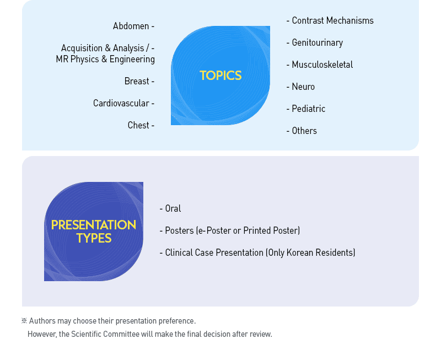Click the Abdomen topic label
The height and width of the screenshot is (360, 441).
pyautogui.click(x=131, y=26)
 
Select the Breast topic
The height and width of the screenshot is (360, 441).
pyautogui.click(x=137, y=81)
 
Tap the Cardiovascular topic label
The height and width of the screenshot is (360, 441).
pyautogui.click(x=121, y=103)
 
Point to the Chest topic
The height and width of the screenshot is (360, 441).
pyautogui.click(x=138, y=125)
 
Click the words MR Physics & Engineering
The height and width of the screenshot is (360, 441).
pyautogui.click(x=105, y=60)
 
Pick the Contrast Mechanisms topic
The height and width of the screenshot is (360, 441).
pyautogui.click(x=333, y=20)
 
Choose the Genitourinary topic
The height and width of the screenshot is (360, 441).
pyautogui.click(x=318, y=43)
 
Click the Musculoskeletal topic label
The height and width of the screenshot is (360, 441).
pyautogui.click(x=322, y=65)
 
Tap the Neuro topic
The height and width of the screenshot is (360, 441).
pyautogui.click(x=303, y=87)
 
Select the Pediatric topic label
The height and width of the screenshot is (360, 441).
pyautogui.click(x=309, y=109)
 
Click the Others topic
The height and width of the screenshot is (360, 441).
pyautogui.click(x=304, y=131)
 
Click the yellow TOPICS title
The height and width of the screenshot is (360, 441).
pyautogui.click(x=220, y=76)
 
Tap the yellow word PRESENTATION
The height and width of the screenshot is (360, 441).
pyautogui.click(x=94, y=225)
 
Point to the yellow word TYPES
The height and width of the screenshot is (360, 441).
pyautogui.click(x=94, y=238)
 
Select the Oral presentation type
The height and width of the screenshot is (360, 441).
pyautogui.click(x=173, y=208)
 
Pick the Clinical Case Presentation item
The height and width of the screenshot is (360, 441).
pyautogui.click(x=214, y=252)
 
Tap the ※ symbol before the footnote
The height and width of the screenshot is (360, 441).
pyautogui.click(x=24, y=321)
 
